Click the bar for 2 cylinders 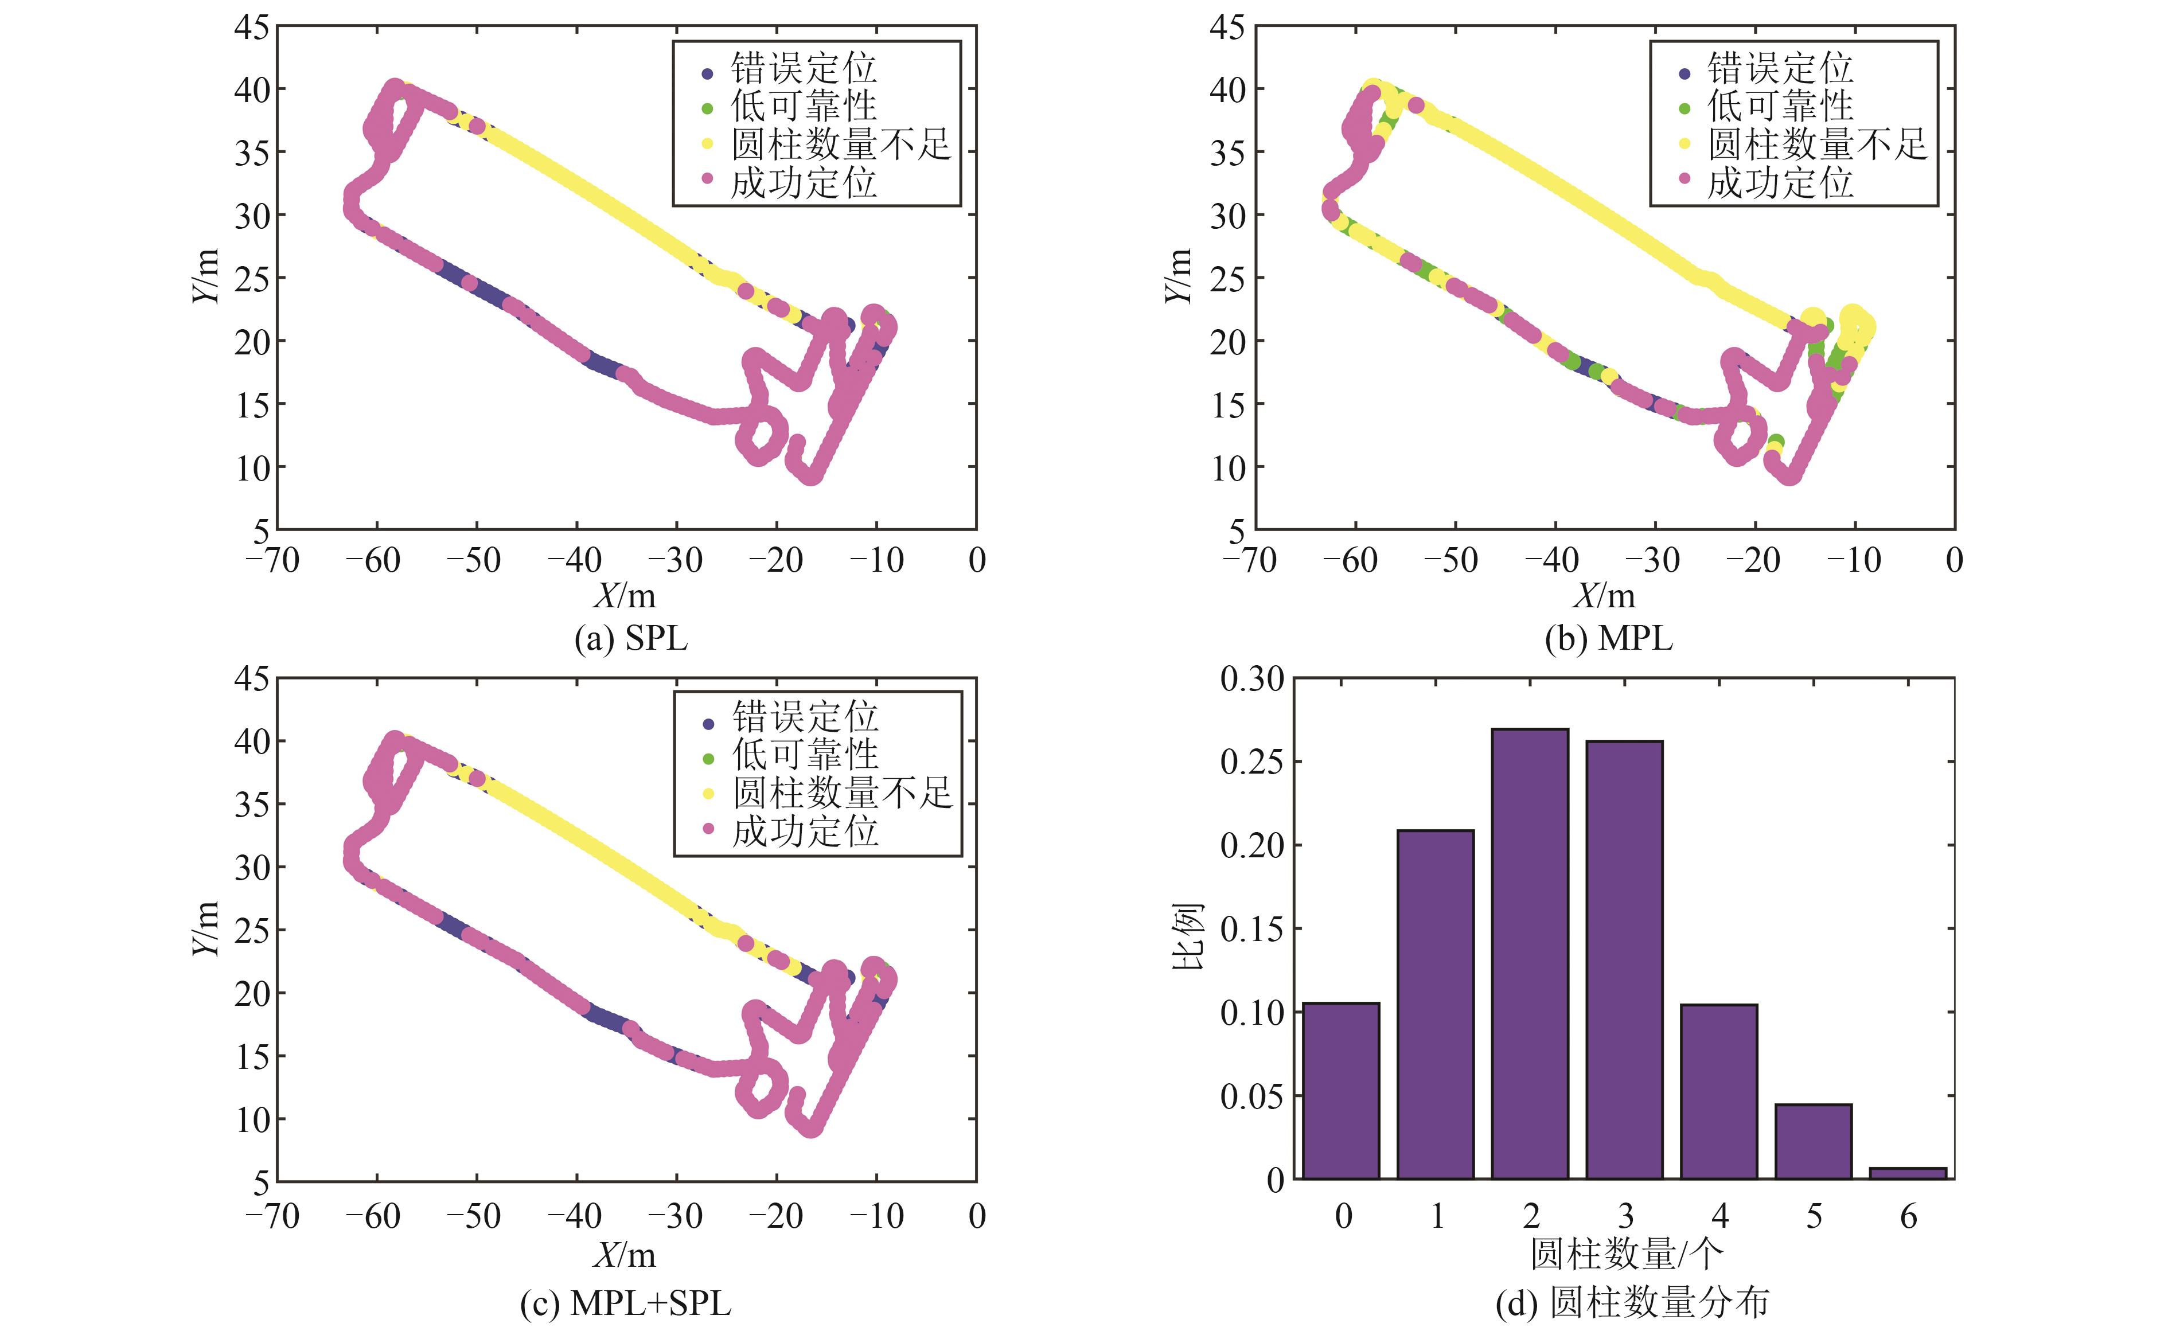coord(1530,954)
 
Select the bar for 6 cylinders coord(1908,1173)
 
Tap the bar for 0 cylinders coord(1340,1091)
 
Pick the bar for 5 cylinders coord(1813,1141)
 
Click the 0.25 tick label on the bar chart coord(1251,761)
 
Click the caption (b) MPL coord(1608,638)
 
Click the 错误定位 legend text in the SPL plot coord(803,68)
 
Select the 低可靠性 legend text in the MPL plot coord(1780,106)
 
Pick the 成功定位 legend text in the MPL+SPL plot coord(805,832)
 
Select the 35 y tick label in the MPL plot coord(1227,153)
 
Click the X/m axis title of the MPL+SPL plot coord(625,1254)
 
